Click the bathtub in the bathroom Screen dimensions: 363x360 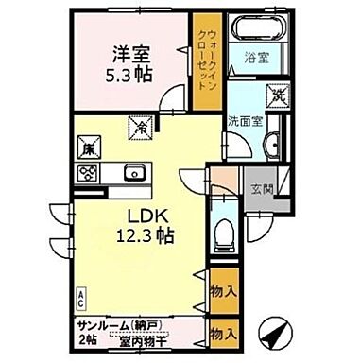coord(256,29)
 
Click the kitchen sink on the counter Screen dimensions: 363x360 coord(131,173)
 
